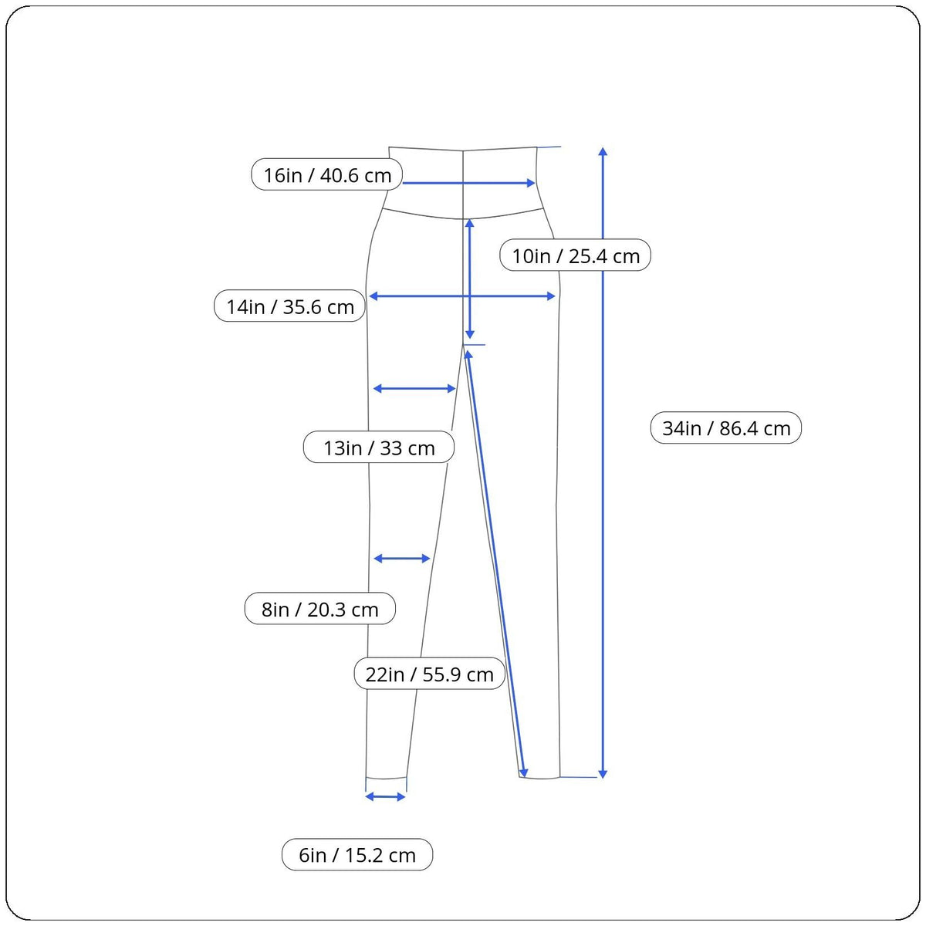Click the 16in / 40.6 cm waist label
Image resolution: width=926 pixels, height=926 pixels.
(x=327, y=175)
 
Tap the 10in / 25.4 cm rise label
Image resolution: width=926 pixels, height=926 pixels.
(x=576, y=255)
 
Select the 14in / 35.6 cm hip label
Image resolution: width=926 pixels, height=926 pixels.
(x=289, y=306)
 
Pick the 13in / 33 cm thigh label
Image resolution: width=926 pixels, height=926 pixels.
(x=378, y=448)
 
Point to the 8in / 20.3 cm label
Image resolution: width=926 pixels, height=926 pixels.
(x=319, y=609)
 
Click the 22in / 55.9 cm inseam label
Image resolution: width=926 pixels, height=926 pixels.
(x=429, y=674)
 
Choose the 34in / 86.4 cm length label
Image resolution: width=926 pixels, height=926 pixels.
(x=726, y=428)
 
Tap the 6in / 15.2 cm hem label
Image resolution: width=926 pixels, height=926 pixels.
(x=357, y=855)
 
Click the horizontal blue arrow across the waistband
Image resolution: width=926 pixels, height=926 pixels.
(x=468, y=183)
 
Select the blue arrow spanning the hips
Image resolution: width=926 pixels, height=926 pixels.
(x=462, y=296)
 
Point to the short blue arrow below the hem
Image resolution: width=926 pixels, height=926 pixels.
(x=385, y=796)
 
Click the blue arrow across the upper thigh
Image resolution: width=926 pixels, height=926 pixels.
(x=414, y=389)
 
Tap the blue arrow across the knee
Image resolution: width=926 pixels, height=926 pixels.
(x=401, y=558)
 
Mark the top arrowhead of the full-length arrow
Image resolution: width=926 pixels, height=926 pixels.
(x=603, y=150)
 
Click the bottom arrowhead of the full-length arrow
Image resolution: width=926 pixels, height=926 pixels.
(x=603, y=773)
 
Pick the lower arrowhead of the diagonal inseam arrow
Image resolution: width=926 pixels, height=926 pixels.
(x=524, y=772)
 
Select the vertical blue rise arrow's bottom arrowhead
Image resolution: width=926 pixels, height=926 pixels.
(x=469, y=335)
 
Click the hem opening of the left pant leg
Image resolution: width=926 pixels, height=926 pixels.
(x=386, y=779)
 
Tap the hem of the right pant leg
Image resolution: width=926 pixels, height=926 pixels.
(x=539, y=778)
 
